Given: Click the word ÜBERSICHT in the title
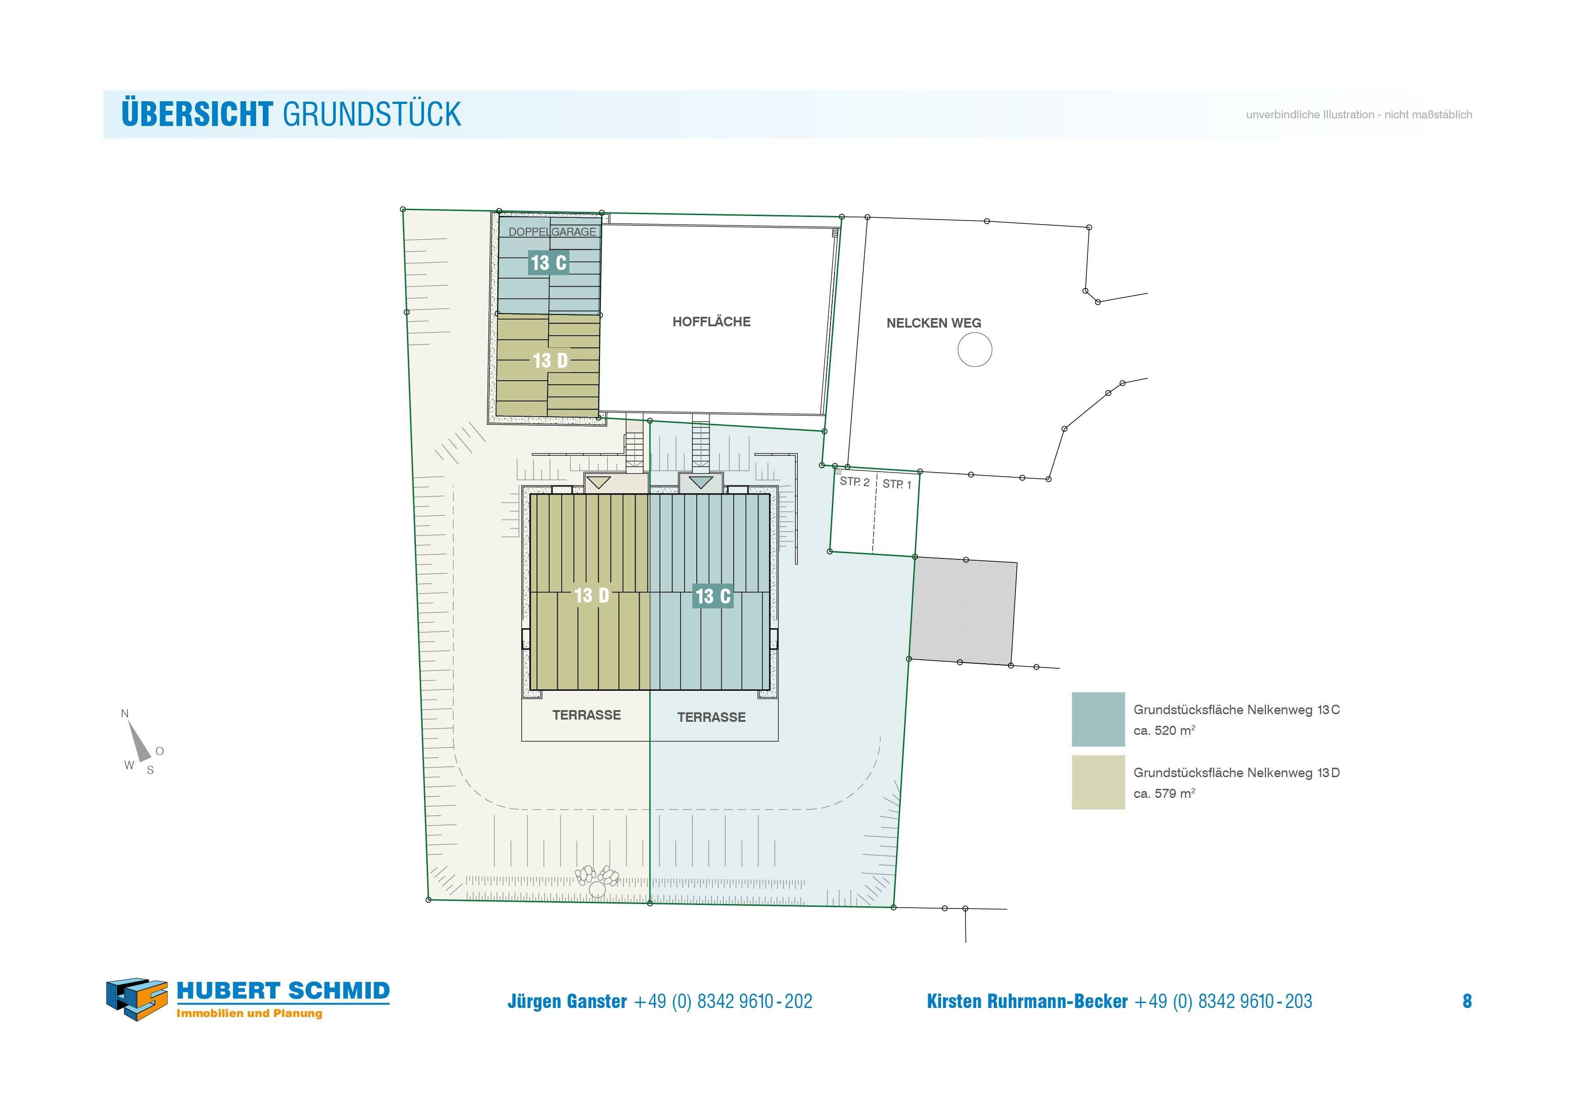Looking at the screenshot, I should tap(197, 114).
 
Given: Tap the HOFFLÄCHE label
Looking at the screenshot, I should tap(711, 322).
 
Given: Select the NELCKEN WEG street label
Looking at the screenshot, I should tap(933, 323).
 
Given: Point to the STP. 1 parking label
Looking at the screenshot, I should tap(897, 484).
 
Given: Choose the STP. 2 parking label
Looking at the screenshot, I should tap(854, 481).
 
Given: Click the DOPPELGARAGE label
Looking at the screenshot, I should tap(552, 232).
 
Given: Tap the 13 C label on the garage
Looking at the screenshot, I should tap(548, 263).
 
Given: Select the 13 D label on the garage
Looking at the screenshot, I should tap(550, 360).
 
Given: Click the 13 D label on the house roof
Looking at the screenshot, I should tap(591, 595).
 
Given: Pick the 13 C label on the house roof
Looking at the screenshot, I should tap(713, 596).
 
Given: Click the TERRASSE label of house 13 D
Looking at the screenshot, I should tap(586, 715).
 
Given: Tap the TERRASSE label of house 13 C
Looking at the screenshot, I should tap(711, 717).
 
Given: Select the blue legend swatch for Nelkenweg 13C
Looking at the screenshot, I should tap(1097, 719).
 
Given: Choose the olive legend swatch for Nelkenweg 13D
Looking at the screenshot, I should tap(1097, 783).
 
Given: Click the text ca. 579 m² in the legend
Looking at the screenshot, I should tap(1164, 793).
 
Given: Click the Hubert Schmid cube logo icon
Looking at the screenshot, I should tap(137, 999).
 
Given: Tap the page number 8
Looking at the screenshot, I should tap(1467, 1001).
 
